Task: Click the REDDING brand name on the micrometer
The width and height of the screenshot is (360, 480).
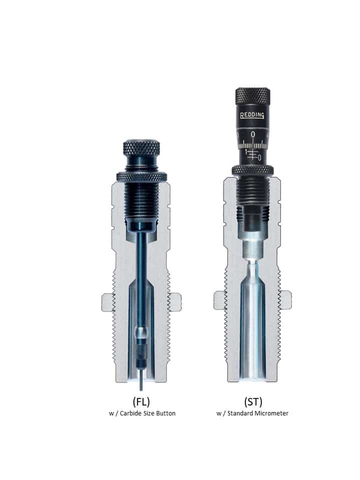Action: (252, 115)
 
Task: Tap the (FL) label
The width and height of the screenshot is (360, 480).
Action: (141, 401)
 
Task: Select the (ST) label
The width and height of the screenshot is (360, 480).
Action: (253, 401)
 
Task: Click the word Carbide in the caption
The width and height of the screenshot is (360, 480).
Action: (130, 413)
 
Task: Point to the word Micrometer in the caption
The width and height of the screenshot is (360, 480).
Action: (270, 413)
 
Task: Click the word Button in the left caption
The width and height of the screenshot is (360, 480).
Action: (165, 413)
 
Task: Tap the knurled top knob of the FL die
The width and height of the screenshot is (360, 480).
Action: (141, 148)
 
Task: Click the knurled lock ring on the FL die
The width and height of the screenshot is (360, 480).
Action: (141, 176)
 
